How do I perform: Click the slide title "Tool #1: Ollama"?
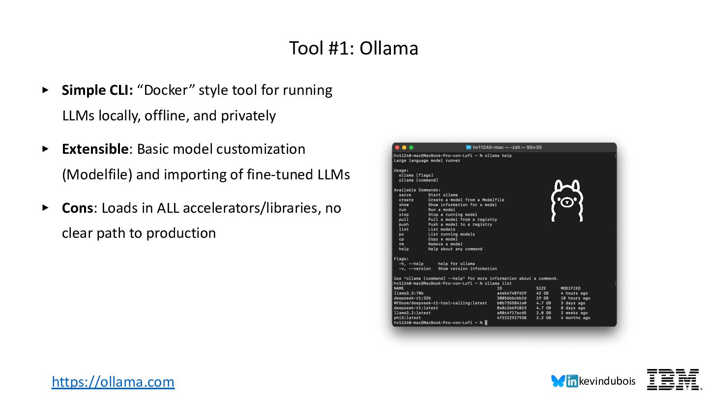(x=354, y=49)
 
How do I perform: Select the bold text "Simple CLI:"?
(x=94, y=90)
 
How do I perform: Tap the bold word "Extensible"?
(x=95, y=149)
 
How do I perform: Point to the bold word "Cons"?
(x=77, y=208)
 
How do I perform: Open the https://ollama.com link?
(x=113, y=382)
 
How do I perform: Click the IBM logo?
(x=673, y=380)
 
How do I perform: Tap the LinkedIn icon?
(x=572, y=381)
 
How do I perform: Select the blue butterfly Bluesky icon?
(x=558, y=381)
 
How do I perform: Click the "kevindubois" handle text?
(x=607, y=381)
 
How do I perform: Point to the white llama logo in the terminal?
(x=566, y=200)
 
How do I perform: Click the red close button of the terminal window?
(x=397, y=147)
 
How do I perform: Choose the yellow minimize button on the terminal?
(x=404, y=147)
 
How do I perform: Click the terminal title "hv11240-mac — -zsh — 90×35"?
(x=506, y=147)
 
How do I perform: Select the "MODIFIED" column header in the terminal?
(x=570, y=288)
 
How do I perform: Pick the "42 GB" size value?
(x=542, y=293)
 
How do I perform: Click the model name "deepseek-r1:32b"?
(x=412, y=298)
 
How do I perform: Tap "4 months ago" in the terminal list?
(x=575, y=318)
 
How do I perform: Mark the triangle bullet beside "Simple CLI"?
(x=45, y=90)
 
